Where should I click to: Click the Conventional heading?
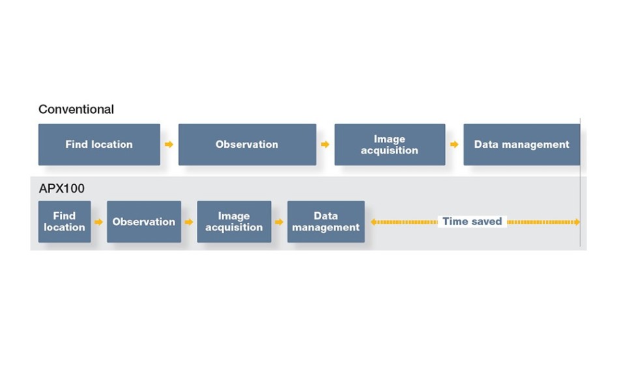76,109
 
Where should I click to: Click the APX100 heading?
62,189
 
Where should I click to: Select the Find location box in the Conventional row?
99,144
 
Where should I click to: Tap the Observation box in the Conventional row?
247,144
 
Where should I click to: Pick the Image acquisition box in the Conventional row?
390,144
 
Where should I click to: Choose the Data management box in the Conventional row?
521,144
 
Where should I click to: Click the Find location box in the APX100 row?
65,221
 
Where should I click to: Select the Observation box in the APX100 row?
144,221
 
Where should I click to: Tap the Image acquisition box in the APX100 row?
234,221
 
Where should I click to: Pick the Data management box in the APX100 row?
326,221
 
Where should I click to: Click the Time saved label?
472,221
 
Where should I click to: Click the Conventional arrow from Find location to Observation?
169,144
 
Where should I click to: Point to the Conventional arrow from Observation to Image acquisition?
325,144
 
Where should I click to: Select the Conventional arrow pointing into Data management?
454,144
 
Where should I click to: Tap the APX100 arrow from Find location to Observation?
98,222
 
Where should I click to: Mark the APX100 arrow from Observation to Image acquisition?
189,222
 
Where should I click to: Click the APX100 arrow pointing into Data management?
279,222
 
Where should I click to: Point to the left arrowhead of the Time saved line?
373,222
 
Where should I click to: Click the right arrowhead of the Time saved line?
577,222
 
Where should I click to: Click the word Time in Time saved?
453,221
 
